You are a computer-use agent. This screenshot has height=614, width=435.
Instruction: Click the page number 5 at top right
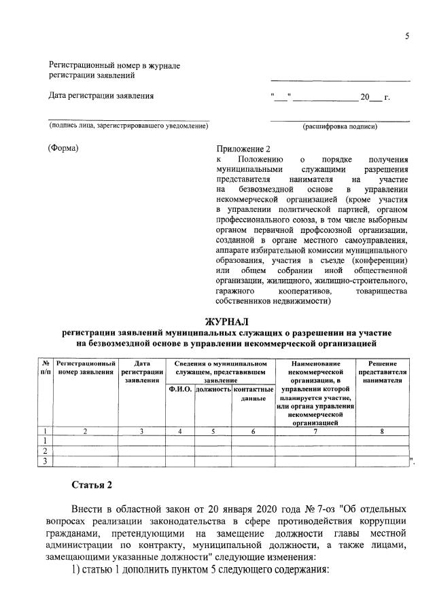(x=406, y=37)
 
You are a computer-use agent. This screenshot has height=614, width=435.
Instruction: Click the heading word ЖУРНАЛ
(x=228, y=321)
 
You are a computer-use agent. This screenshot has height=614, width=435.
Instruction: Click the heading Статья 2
(x=91, y=484)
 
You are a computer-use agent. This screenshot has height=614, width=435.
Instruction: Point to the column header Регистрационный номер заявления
(x=85, y=368)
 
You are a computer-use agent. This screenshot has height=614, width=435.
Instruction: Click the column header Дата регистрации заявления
(x=142, y=372)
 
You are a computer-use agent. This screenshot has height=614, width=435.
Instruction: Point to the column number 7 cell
(x=315, y=431)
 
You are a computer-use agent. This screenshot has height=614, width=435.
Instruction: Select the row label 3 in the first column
(x=45, y=461)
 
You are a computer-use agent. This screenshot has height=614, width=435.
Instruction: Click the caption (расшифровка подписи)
(x=339, y=126)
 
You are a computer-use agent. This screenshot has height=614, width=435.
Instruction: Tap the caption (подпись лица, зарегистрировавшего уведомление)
(x=128, y=126)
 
